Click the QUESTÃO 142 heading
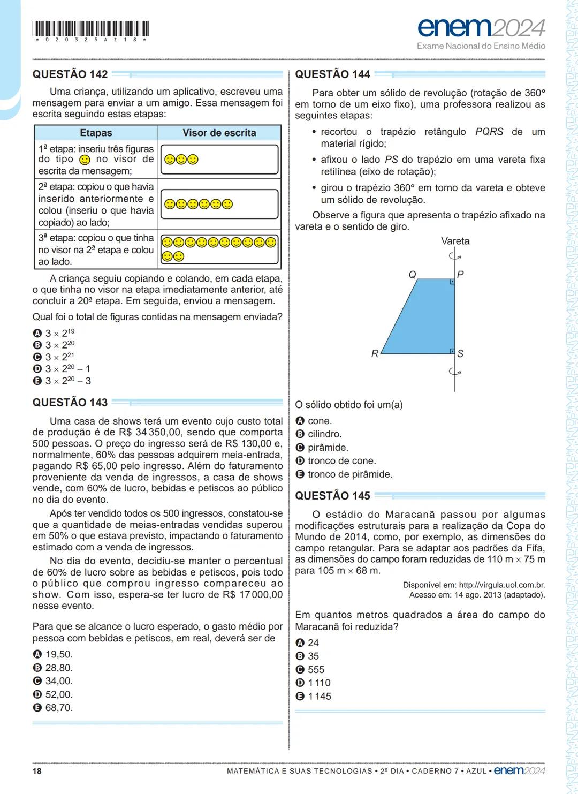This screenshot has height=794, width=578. coord(70,74)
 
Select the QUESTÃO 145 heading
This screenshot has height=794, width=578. coord(332,496)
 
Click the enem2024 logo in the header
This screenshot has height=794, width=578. coord(481,28)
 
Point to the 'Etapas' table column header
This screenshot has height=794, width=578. coord(96,133)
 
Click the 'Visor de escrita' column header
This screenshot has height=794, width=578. coord(219,133)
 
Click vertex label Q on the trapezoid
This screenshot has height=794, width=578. coord(412,275)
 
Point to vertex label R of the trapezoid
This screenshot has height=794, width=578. coord(375,353)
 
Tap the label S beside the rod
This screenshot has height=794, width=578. coord(460,353)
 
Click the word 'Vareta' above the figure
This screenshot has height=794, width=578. coord(455,241)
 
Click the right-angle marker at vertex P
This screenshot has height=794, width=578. coord(452,282)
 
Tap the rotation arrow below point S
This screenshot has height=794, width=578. coord(455,372)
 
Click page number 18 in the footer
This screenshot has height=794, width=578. coord(37,771)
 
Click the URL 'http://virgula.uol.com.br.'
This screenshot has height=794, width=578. coord(502,585)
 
